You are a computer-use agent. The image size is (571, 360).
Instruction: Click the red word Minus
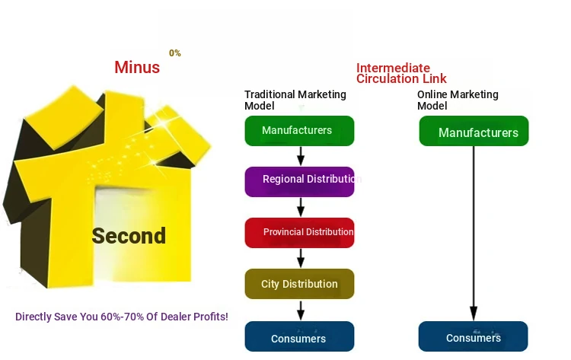pos(137,67)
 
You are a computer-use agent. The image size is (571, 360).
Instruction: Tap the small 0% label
pos(175,53)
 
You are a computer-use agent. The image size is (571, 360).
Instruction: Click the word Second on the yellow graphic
pos(129,235)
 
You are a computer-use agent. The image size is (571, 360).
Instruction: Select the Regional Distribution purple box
pos(299,182)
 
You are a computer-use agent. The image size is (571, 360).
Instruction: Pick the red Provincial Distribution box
pos(299,233)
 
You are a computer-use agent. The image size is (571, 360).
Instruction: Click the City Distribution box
pos(299,284)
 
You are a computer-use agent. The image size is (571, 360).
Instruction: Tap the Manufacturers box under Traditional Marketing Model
pos(299,131)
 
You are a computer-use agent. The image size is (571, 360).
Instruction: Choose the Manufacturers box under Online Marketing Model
pos(474,131)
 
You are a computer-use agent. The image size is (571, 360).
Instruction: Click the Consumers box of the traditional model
pos(299,336)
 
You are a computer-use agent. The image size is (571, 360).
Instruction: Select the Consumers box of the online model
pos(473,336)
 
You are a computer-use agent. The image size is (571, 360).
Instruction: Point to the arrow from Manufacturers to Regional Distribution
pos(301,156)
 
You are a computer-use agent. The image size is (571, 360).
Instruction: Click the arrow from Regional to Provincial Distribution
pos(301,207)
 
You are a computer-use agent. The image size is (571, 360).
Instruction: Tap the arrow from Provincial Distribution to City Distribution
pos(301,258)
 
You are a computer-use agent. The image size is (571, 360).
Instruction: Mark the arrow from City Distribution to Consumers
pos(301,310)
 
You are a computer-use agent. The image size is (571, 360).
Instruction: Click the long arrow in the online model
pos(474,234)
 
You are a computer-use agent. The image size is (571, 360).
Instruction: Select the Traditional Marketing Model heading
pos(295,100)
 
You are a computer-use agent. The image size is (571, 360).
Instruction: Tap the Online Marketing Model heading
pos(458,100)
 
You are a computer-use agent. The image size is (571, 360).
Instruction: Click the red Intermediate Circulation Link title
pos(401,73)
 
